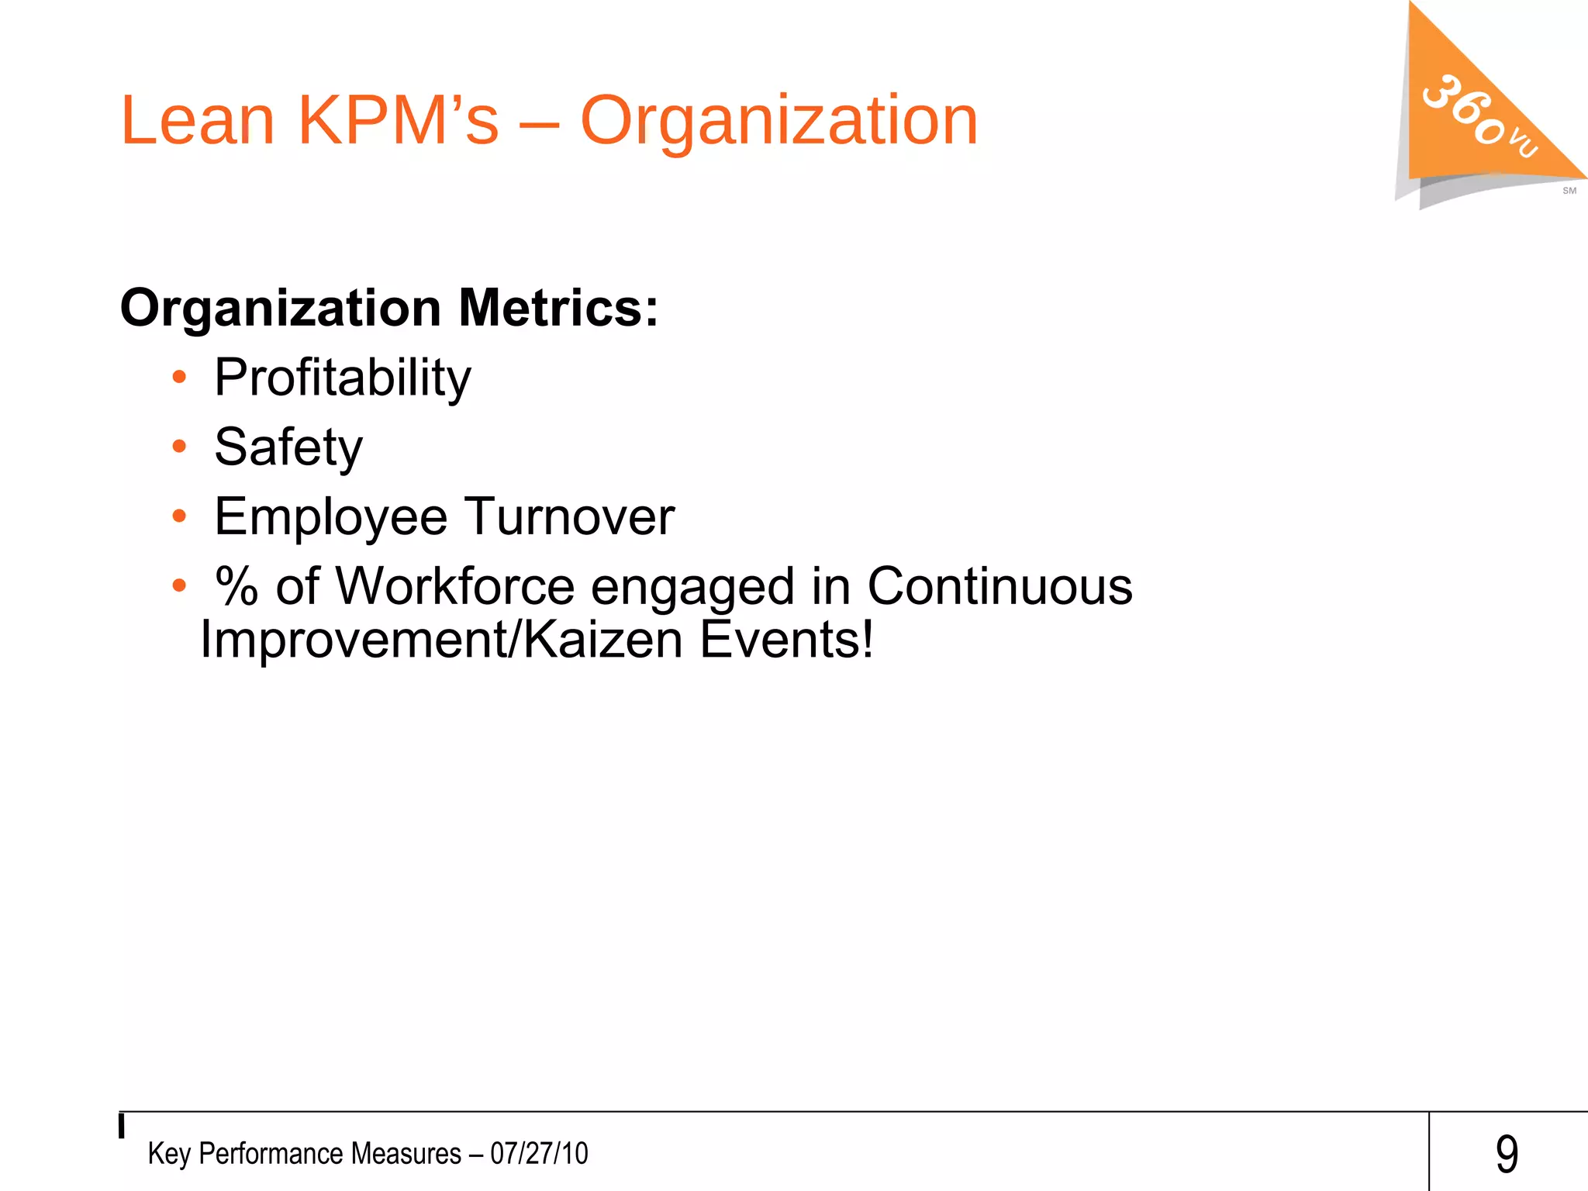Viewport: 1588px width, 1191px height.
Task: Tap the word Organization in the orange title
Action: click(778, 122)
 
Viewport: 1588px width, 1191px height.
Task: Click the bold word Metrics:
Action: click(558, 308)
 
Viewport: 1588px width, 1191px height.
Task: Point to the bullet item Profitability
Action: click(342, 378)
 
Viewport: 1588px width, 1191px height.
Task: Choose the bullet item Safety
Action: click(288, 448)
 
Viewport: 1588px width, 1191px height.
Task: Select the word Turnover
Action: click(569, 516)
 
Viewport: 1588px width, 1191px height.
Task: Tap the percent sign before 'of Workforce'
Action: click(236, 586)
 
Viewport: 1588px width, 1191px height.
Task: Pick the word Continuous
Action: click(999, 586)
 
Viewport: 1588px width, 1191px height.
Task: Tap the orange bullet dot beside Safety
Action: click(179, 447)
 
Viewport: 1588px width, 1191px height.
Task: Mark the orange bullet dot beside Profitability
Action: click(179, 378)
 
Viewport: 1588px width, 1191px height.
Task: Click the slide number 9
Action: click(1506, 1154)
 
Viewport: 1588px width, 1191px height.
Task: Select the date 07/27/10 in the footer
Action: click(539, 1154)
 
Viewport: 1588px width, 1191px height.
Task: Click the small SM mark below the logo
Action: click(1569, 191)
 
